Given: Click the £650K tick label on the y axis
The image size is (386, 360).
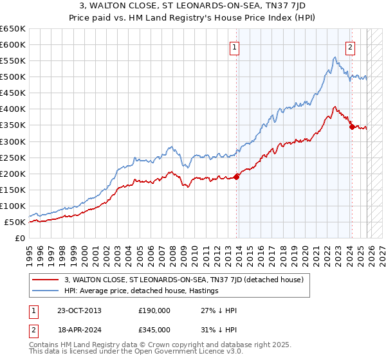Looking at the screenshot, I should pyautogui.click(x=13, y=29).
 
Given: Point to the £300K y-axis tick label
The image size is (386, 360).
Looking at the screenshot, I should pyautogui.click(x=13, y=141).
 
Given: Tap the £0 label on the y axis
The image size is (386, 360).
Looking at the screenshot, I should pyautogui.click(x=21, y=239).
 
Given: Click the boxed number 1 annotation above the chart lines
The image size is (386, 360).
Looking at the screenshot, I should pyautogui.click(x=234, y=47).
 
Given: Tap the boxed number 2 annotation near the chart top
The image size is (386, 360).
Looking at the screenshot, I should pyautogui.click(x=351, y=47).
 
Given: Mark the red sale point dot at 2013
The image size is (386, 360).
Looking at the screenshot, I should pyautogui.click(x=237, y=177).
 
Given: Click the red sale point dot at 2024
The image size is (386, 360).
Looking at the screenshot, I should pyautogui.click(x=352, y=127).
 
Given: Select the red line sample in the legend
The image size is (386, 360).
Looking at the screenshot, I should pyautogui.click(x=46, y=280).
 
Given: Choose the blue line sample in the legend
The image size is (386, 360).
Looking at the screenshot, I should pyautogui.click(x=46, y=291).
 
